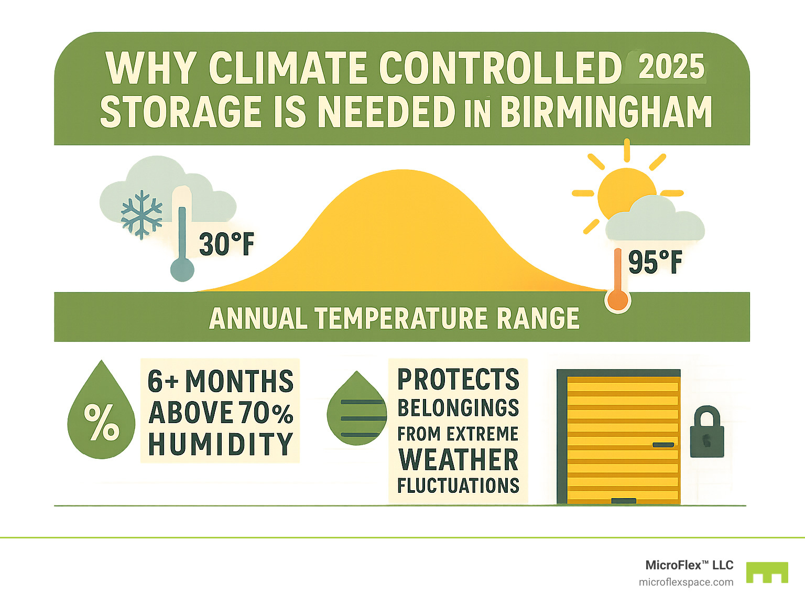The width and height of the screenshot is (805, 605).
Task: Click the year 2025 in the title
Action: point(671,67)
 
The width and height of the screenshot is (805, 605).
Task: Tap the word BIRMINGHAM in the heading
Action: point(606,112)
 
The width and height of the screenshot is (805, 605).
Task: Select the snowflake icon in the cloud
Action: point(142,215)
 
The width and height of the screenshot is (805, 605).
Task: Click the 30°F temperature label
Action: point(226,244)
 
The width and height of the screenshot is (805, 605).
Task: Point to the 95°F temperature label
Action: point(655,262)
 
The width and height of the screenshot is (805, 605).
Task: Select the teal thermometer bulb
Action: point(182,270)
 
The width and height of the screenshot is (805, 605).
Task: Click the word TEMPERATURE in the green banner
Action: point(401,318)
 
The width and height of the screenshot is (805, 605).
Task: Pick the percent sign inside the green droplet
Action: point(102,422)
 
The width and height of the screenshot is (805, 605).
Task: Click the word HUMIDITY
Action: point(221,444)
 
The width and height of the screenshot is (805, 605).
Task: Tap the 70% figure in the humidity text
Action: point(266,413)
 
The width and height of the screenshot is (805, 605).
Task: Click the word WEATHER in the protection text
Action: point(459,460)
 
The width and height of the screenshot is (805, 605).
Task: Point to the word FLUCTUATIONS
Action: point(458,485)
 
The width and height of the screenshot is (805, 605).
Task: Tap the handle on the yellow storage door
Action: point(663,445)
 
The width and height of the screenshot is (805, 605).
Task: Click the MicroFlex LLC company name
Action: point(689,565)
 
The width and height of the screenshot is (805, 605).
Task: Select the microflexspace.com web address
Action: point(686,582)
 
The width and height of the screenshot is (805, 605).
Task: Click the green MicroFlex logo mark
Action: point(767,572)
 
